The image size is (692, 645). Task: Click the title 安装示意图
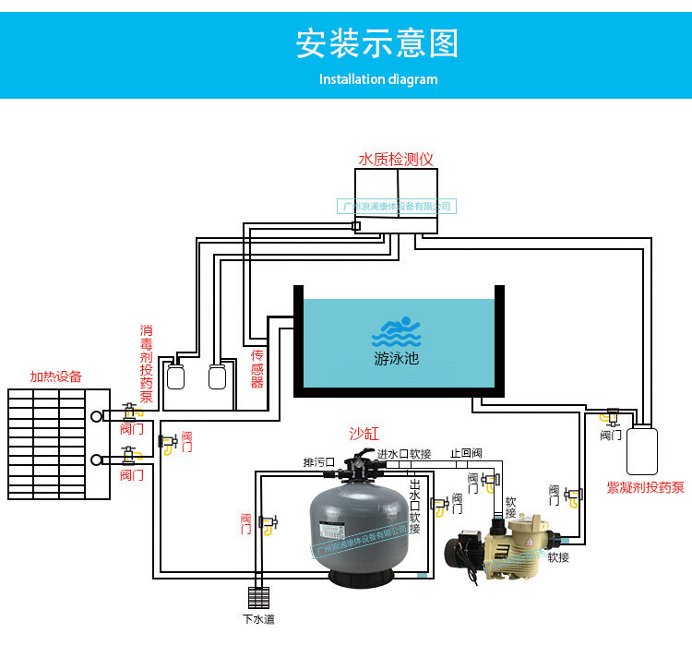coord(376,43)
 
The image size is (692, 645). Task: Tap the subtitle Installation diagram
coord(378,79)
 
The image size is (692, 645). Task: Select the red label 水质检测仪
coord(396,159)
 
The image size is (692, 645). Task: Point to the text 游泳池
coord(396,358)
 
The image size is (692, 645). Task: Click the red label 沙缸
coord(364,433)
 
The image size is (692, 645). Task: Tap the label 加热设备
coord(55,376)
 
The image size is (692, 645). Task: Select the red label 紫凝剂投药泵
coord(645,487)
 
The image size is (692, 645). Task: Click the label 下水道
coord(258,618)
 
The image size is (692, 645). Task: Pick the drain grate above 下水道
coord(258,595)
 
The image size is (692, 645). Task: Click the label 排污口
coord(318,461)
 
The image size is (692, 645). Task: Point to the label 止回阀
coord(466,453)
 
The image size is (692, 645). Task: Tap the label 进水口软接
coord(404,453)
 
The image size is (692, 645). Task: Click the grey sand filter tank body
coord(360,531)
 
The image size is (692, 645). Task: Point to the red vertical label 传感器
coord(257,368)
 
